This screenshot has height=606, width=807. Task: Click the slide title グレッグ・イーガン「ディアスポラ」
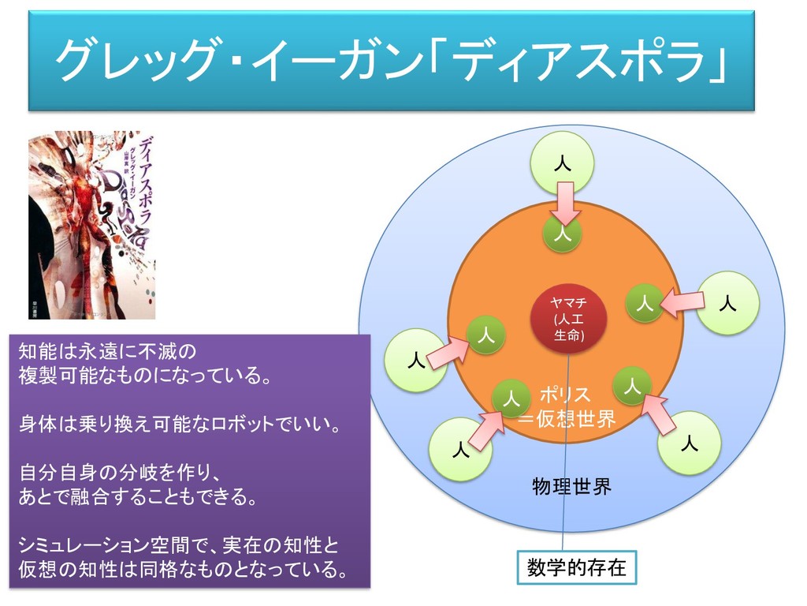tap(392, 61)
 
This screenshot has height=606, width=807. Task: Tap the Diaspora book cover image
tap(92, 225)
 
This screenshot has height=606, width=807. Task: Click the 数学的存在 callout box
tap(576, 568)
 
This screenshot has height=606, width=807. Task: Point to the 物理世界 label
tap(571, 486)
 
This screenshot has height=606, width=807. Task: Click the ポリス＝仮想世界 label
tap(566, 406)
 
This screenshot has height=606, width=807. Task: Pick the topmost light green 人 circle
tap(562, 163)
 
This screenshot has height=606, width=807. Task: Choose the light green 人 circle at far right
tap(728, 302)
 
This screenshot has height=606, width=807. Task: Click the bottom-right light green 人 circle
tap(690, 443)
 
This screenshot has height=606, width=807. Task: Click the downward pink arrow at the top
tap(565, 203)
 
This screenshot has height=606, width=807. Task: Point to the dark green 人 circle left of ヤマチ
tap(486, 335)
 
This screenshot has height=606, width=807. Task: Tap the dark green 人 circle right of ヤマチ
tap(644, 302)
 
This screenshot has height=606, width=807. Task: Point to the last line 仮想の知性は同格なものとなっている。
tap(183, 569)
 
